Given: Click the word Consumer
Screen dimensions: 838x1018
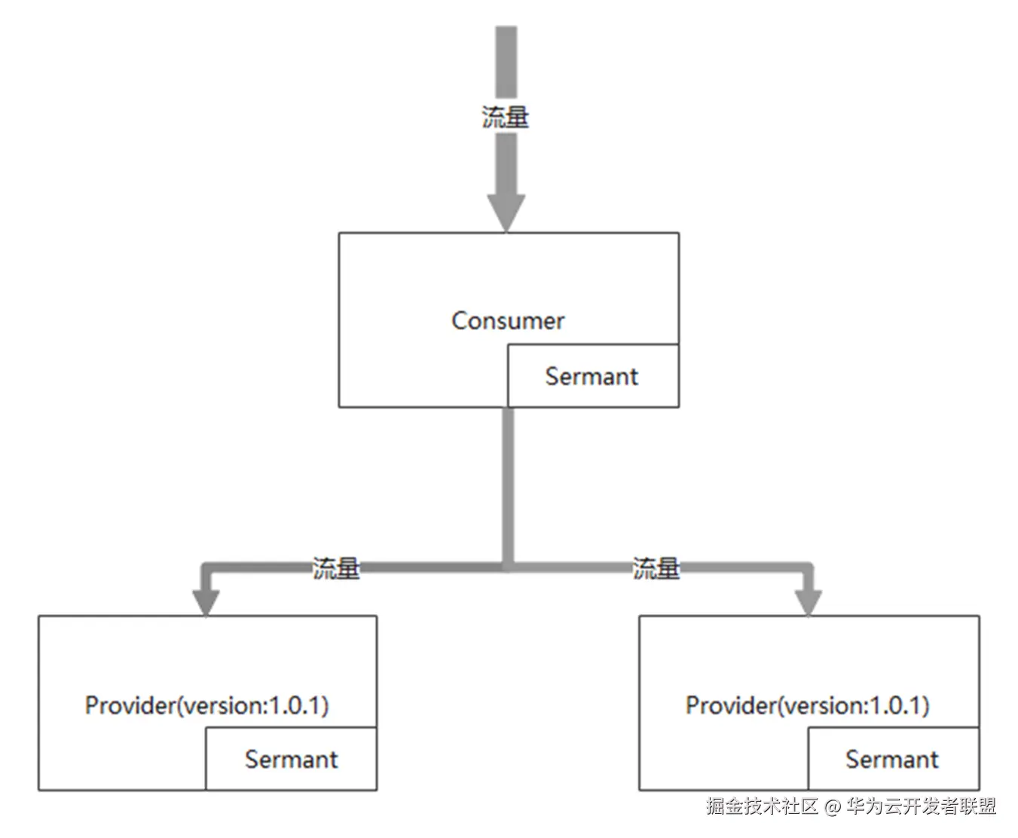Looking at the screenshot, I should pyautogui.click(x=507, y=321).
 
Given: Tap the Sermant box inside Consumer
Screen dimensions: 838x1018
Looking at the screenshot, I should pyautogui.click(x=592, y=376).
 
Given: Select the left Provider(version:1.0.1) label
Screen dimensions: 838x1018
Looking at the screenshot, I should pyautogui.click(x=206, y=705).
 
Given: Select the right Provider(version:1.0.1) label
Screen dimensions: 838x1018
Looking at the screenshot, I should pyautogui.click(x=807, y=705).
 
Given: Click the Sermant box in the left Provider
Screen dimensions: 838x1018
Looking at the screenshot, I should pyautogui.click(x=291, y=759).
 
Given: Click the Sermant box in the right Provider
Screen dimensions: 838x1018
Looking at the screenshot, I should pyautogui.click(x=892, y=759).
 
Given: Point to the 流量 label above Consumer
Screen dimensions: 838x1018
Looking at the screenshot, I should pyautogui.click(x=506, y=117).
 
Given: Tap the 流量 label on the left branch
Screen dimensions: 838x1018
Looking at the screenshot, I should pyautogui.click(x=336, y=567).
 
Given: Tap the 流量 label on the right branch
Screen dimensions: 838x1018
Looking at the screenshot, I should pyautogui.click(x=656, y=567).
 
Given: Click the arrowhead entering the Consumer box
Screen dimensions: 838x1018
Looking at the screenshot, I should pyautogui.click(x=506, y=212).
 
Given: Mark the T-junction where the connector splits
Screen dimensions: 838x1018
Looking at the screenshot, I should pyautogui.click(x=508, y=565).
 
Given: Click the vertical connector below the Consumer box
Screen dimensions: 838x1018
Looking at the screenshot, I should pyautogui.click(x=508, y=482).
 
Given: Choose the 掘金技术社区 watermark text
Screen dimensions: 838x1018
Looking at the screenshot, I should pyautogui.click(x=762, y=806).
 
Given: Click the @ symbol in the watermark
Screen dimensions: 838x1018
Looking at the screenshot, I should pyautogui.click(x=833, y=807).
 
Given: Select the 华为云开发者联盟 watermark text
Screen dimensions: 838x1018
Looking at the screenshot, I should pyautogui.click(x=921, y=806).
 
